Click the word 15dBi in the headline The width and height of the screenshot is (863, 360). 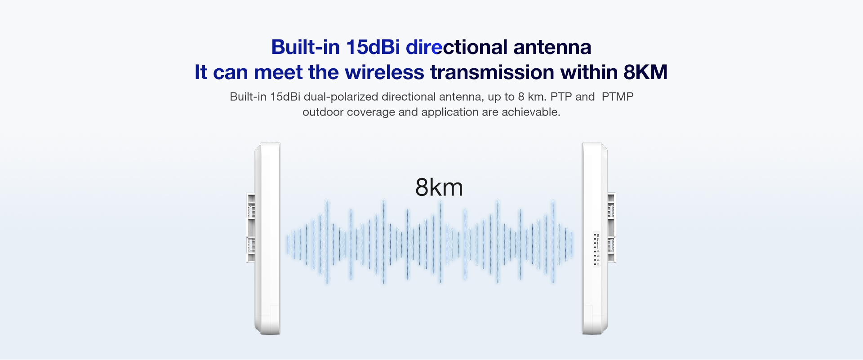coord(373,47)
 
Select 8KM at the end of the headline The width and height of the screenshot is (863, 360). coord(645,72)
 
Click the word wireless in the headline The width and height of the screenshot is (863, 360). coord(384,72)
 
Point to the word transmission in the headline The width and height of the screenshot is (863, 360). coord(492,72)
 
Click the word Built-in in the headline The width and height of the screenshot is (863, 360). coord(305,47)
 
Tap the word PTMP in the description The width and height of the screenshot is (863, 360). coord(618,97)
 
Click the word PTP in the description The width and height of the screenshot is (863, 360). coord(561,97)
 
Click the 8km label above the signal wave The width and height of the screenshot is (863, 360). coord(439,187)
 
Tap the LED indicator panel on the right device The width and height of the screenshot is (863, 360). coord(596,249)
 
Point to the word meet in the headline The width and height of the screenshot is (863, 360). coord(278,72)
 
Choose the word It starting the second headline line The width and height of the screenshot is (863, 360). coord(201,72)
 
